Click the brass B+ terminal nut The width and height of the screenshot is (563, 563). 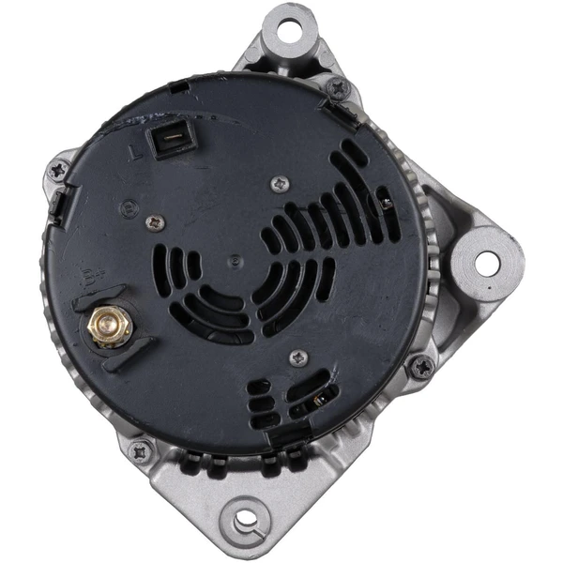108,327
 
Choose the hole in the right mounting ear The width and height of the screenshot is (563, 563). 486,264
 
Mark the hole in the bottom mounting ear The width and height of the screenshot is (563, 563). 246,517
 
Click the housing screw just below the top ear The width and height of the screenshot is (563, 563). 338,88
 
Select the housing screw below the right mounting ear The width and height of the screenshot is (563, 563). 421,366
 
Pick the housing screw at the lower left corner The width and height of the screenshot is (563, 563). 141,450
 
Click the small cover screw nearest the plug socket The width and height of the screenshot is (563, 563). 156,222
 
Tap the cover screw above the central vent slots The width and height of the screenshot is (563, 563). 279,185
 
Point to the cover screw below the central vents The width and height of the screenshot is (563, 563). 298,358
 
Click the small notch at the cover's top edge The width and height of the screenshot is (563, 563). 178,86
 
